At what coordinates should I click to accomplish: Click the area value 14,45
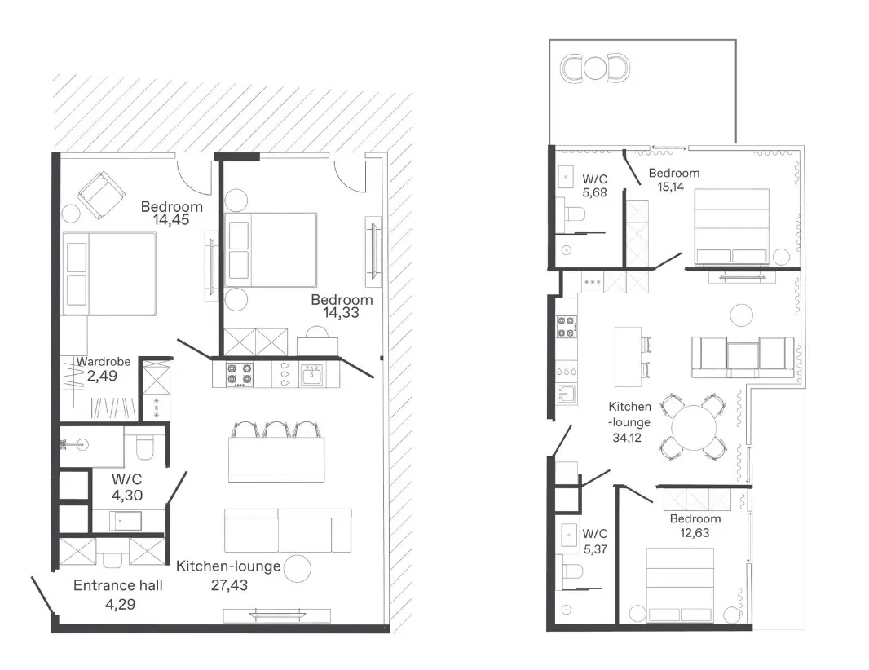[x=171, y=220]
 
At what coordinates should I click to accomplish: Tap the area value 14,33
[x=341, y=313]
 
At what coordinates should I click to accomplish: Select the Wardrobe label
[x=103, y=362]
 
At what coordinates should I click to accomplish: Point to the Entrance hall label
[x=118, y=585]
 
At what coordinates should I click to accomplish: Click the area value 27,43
[x=229, y=585]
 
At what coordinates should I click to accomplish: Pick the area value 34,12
[x=627, y=438]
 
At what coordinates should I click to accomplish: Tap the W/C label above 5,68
[x=594, y=179]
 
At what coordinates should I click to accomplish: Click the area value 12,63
[x=695, y=533]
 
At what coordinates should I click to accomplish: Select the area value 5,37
[x=595, y=549]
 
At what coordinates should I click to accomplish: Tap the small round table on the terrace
[x=595, y=68]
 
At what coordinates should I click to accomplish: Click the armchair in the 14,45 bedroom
[x=101, y=195]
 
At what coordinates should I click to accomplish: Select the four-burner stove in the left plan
[x=240, y=375]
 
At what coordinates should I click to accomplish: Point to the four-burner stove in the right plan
[x=567, y=327]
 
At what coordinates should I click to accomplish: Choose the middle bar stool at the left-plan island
[x=276, y=430]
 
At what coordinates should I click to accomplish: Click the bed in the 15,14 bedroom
[x=731, y=226]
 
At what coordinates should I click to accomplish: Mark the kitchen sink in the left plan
[x=312, y=375]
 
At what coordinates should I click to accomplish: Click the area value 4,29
[x=121, y=604]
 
